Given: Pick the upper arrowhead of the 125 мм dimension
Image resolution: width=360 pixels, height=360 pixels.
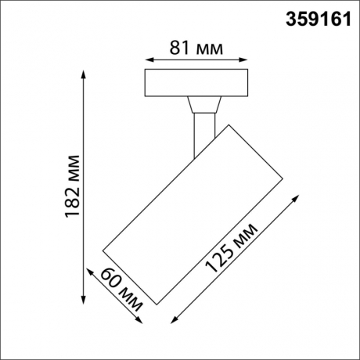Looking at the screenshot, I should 296,197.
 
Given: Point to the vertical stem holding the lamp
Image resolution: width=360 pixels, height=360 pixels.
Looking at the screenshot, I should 200,133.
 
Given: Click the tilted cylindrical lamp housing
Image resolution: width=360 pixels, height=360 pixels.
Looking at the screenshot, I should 193,211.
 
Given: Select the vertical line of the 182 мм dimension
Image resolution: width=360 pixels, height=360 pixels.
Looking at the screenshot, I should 82,188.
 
